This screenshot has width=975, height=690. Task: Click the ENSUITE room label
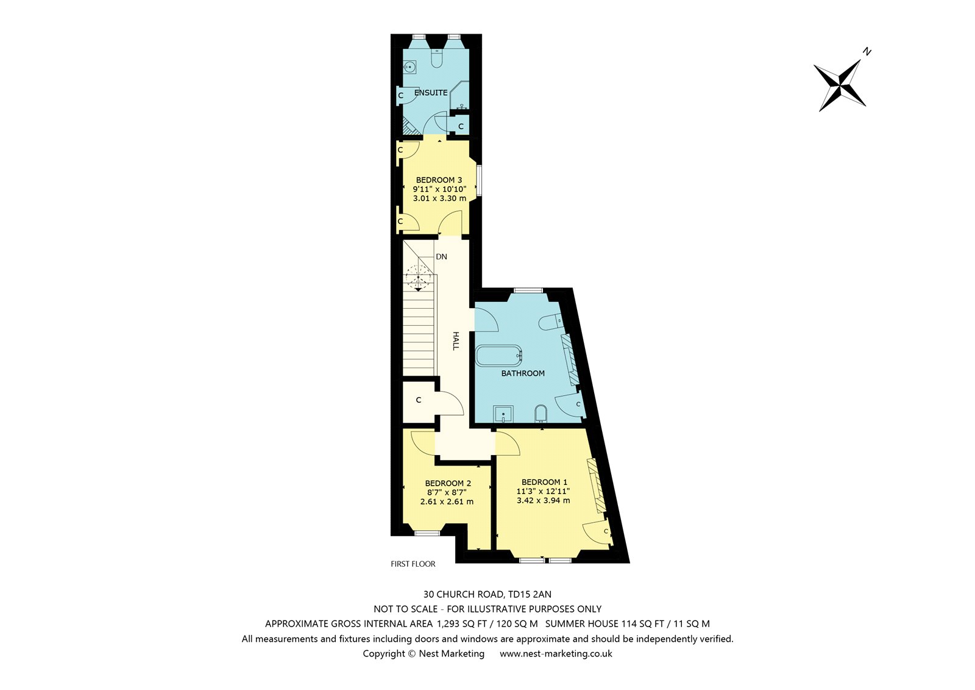click(x=430, y=92)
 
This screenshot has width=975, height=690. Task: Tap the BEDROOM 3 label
click(x=439, y=179)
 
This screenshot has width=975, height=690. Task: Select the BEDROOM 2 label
click(x=448, y=483)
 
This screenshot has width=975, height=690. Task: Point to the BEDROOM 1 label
click(x=544, y=481)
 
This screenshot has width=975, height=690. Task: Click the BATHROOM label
click(x=523, y=373)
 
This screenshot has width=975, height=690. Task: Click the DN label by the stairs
click(x=441, y=257)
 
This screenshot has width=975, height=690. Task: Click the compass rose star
click(x=840, y=85)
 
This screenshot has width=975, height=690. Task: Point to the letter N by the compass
click(x=867, y=52)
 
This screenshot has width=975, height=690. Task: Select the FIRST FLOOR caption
click(x=413, y=564)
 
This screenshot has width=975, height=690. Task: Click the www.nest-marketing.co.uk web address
click(x=556, y=653)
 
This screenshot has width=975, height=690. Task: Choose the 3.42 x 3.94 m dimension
click(x=543, y=500)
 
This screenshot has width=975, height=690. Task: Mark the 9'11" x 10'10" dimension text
click(x=439, y=189)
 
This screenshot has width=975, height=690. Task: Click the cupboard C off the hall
click(x=419, y=400)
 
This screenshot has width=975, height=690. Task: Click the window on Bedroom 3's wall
click(x=479, y=179)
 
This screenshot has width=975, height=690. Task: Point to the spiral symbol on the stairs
click(x=418, y=277)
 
